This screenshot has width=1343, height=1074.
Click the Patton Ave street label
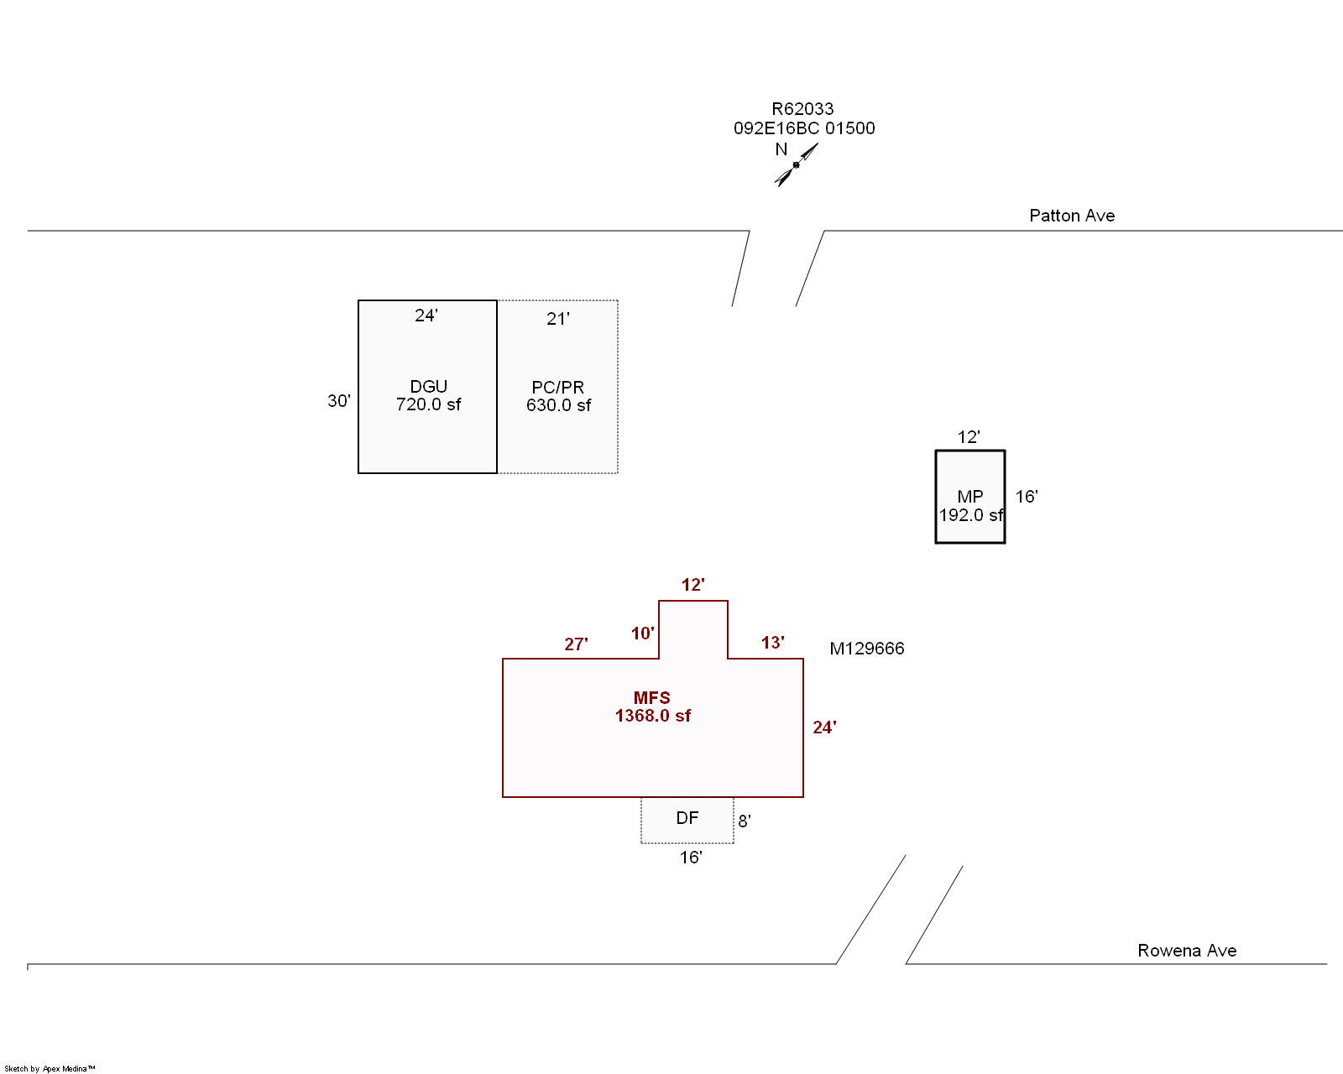point(1072,216)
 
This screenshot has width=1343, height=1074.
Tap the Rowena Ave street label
point(1187,951)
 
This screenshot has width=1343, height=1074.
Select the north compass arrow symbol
point(796,164)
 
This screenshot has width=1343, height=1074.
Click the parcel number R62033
point(802,109)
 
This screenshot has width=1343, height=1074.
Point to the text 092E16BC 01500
point(804,128)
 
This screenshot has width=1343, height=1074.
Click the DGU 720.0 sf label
point(428,395)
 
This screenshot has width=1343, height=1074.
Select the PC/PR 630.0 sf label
point(558,396)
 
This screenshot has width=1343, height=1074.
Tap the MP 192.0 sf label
point(970,506)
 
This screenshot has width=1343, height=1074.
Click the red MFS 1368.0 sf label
point(652,706)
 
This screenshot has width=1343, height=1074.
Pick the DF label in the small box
point(687,818)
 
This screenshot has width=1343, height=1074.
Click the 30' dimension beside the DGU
point(339,401)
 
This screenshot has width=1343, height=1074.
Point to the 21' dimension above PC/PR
point(558,319)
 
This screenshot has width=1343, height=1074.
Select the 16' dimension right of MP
point(1027,497)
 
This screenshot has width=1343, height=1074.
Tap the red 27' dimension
point(576,644)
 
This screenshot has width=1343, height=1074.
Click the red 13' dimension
point(773,643)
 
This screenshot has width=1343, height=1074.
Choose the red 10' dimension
point(643,633)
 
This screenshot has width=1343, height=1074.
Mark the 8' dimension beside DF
point(745,821)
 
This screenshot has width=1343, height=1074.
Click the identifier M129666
point(867,649)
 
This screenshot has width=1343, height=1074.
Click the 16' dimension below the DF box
point(691,858)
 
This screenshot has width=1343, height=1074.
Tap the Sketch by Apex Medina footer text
point(50,1069)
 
